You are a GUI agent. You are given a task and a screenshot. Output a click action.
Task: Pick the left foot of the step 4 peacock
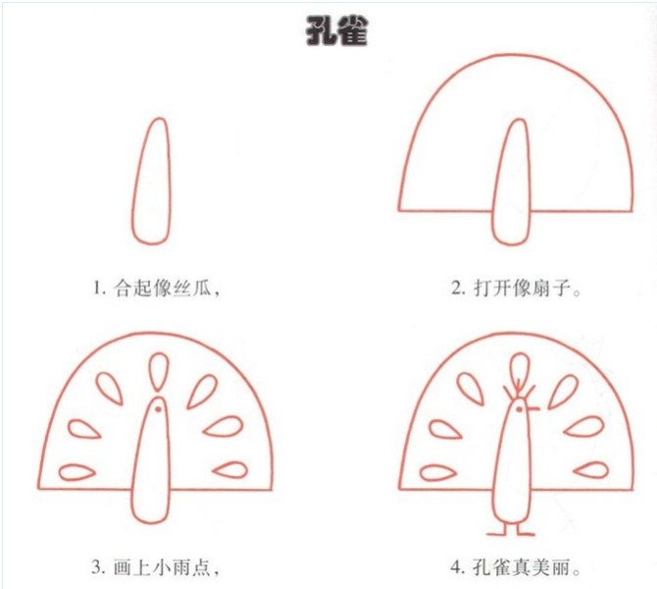point(501,531)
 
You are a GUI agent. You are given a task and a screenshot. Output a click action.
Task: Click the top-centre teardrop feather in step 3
point(157,370)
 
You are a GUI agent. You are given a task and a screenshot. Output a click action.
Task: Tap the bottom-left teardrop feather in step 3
point(76,471)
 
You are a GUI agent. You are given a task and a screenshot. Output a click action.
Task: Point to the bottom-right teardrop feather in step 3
point(231,470)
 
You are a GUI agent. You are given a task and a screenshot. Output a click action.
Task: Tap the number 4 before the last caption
point(456,566)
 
